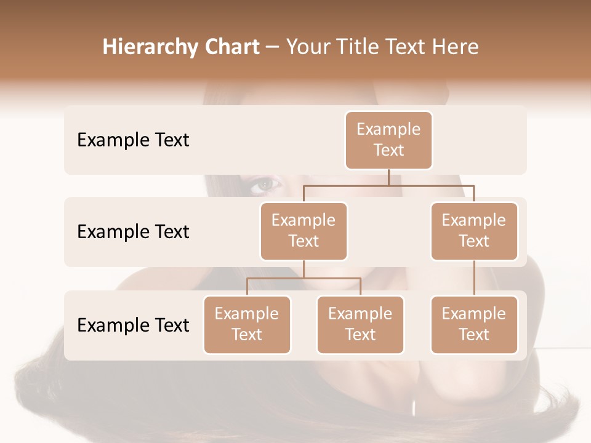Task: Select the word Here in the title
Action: [456, 47]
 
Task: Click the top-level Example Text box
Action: [388, 140]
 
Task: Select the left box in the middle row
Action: [304, 231]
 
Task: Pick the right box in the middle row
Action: [474, 231]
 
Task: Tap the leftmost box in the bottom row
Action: [247, 324]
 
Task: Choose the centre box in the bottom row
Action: [360, 324]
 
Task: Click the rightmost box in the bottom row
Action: [474, 324]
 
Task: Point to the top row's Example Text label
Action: [133, 140]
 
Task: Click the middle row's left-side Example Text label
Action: [133, 232]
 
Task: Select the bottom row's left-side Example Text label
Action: [133, 325]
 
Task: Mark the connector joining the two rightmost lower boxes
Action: [474, 278]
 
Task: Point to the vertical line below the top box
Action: [388, 177]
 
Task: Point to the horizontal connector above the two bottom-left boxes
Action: [304, 278]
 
